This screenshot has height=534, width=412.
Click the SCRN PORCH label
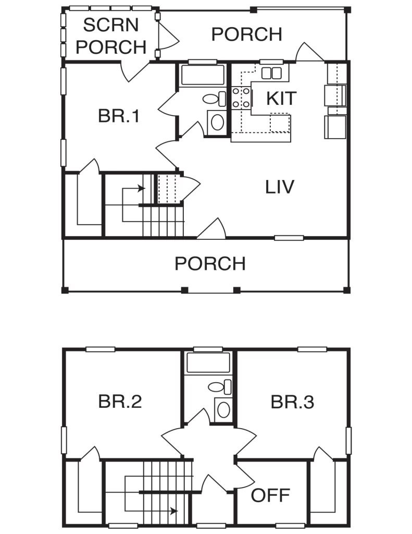pos(111,36)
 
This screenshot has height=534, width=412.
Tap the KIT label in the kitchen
pos(281,99)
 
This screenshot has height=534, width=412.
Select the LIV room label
pos(279,187)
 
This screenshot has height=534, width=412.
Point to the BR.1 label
pos(119,116)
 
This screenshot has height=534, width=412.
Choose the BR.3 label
pos(292,402)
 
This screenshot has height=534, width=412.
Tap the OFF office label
pos(270,495)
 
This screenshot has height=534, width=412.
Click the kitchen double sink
pos(271,73)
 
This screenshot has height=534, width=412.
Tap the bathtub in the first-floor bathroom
pos(203,75)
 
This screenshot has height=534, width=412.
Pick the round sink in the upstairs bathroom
pos(223,410)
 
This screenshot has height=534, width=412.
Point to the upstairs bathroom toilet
pos(220,386)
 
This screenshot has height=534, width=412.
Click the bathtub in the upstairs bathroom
pos(208,363)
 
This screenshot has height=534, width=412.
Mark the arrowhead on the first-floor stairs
pos(142,188)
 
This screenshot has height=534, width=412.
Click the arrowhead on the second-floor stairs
pos(174,511)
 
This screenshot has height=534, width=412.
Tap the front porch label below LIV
pos(210,263)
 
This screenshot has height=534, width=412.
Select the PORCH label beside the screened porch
pos(247,34)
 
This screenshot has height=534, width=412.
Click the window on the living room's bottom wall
pos(289,238)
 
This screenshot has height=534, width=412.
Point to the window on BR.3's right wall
pos(349,440)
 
